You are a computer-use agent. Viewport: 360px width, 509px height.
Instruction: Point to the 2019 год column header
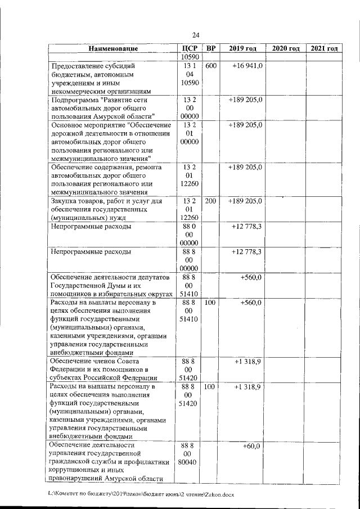tap(242, 48)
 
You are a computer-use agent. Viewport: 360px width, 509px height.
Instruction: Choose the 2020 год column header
tap(286, 48)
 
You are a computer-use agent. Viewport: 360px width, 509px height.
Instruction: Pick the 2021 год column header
tap(324, 48)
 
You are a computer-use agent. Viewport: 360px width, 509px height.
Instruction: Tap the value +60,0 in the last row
tap(253, 445)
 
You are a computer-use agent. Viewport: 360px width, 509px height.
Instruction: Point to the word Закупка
tap(66, 201)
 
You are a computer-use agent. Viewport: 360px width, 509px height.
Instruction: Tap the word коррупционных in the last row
tap(73, 471)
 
